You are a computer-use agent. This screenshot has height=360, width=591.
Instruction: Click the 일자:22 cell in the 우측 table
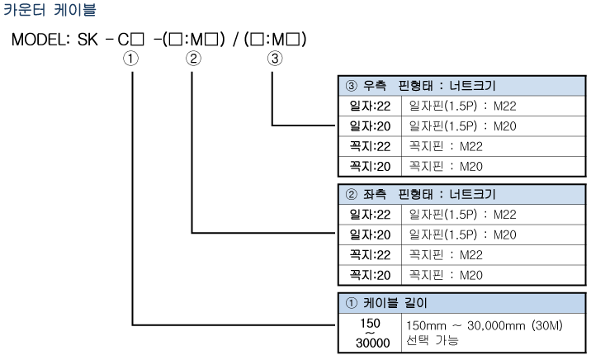(x=369, y=107)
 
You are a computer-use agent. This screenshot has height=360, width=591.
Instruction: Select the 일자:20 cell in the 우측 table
(x=369, y=126)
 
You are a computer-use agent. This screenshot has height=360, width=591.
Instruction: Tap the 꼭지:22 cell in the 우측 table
(x=369, y=147)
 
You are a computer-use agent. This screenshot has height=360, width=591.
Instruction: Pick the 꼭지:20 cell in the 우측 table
(x=369, y=167)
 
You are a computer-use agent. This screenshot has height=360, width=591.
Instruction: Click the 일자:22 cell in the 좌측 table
(x=369, y=215)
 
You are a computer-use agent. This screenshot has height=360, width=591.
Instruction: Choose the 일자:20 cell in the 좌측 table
(x=369, y=234)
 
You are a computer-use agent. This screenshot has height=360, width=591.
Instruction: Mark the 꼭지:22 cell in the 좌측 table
(x=369, y=255)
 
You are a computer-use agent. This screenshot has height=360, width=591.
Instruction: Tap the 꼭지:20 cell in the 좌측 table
(x=369, y=275)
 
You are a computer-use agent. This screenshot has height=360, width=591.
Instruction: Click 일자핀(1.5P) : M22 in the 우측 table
(x=462, y=107)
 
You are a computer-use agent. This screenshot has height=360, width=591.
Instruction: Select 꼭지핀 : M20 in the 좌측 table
(x=447, y=275)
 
